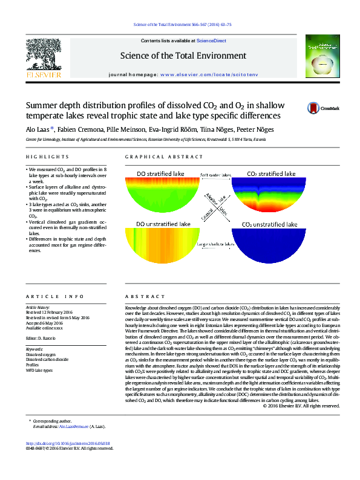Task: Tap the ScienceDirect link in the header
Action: click(212, 41)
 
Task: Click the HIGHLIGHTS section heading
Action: click(42, 157)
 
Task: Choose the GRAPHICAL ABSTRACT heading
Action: click(159, 157)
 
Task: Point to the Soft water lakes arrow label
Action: click(216, 175)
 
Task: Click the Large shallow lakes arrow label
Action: click(216, 244)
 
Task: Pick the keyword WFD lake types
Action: click(39, 371)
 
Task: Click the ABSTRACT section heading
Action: click(141, 297)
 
